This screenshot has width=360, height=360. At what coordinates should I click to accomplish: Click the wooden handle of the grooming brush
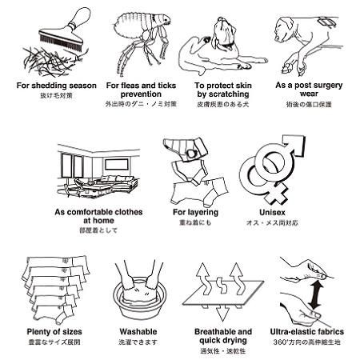[x=80, y=18]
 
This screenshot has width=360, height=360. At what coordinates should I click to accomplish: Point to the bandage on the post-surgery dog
[x=326, y=22]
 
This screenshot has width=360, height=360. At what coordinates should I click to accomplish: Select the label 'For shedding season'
[x=57, y=86]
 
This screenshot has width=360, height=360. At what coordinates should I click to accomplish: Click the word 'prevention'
[x=141, y=94]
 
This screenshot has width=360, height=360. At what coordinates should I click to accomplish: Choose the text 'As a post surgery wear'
[x=309, y=90]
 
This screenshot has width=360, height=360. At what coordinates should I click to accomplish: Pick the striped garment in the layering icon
[x=185, y=150]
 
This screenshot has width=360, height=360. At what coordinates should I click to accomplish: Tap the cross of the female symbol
[x=276, y=194]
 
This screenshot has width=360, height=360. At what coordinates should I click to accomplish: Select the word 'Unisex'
[x=272, y=213]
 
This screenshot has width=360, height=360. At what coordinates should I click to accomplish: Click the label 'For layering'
[x=195, y=213]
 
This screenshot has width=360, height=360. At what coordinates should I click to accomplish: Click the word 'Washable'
[x=138, y=332]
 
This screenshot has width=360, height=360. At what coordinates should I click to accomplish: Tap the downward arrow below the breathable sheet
[x=222, y=313]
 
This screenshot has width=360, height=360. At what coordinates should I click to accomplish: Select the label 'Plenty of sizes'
[x=54, y=332]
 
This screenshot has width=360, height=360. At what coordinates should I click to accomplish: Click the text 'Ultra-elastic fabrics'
[x=307, y=332]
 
